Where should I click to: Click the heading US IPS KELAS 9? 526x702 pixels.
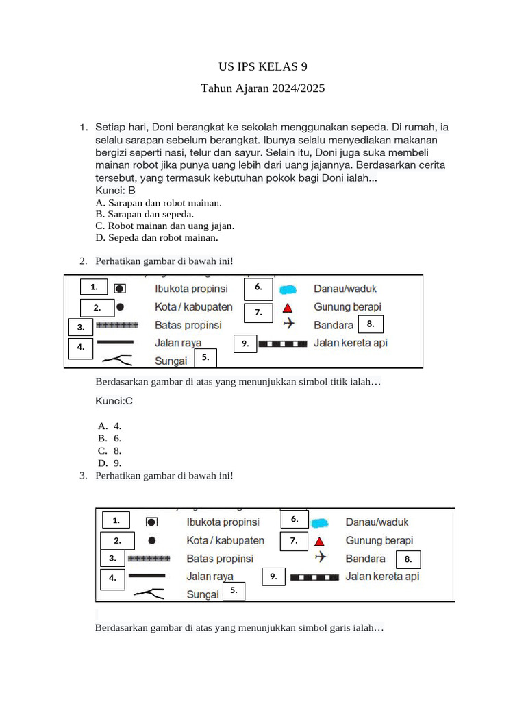(x=262, y=66)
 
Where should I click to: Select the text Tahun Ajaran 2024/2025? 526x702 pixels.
(x=262, y=88)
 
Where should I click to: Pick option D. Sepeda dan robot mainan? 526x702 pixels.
(x=157, y=237)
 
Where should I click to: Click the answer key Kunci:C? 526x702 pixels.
(x=114, y=401)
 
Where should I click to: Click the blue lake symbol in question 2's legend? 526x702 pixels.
(x=288, y=289)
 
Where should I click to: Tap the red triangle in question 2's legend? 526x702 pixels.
(x=288, y=308)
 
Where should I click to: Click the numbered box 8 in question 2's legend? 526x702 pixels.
(x=370, y=324)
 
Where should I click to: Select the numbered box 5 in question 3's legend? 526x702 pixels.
(x=233, y=590)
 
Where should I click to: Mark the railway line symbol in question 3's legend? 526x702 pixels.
(x=314, y=577)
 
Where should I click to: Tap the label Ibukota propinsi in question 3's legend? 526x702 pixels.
(x=223, y=522)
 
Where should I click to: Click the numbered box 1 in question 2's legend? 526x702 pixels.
(x=94, y=287)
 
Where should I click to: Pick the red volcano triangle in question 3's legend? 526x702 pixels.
(x=319, y=542)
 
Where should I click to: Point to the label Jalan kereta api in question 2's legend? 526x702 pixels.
(x=351, y=343)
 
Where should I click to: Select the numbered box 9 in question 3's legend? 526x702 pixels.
(x=273, y=577)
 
